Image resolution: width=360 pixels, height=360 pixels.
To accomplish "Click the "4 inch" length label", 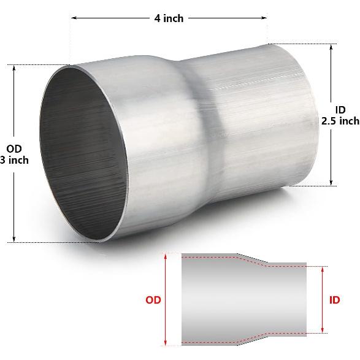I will pyautogui.click(x=169, y=18).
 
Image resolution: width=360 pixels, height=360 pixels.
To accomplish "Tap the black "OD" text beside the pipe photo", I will pyautogui.click(x=13, y=148).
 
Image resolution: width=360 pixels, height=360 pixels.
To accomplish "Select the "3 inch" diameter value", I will pyautogui.click(x=13, y=161).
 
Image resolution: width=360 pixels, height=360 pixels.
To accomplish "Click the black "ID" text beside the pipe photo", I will pyautogui.click(x=340, y=109).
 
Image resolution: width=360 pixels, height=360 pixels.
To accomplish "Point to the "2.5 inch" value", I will pyautogui.click(x=340, y=121).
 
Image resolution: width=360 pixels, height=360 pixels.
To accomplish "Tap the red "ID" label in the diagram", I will pyautogui.click(x=334, y=301).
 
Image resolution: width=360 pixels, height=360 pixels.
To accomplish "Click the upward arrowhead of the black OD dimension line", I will pyautogui.click(x=14, y=67).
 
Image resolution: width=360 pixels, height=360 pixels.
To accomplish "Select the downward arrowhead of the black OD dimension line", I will pyautogui.click(x=14, y=240).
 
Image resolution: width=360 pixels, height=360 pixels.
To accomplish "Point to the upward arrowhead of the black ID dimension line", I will pyautogui.click(x=332, y=47).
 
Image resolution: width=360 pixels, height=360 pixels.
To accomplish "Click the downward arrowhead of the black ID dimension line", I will pyautogui.click(x=332, y=182).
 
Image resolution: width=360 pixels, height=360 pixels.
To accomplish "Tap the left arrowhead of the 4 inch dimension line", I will pyautogui.click(x=74, y=18).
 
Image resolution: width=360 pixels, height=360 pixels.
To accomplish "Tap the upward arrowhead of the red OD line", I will pyautogui.click(x=166, y=256).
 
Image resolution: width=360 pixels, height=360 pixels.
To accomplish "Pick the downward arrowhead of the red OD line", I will pyautogui.click(x=166, y=343).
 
